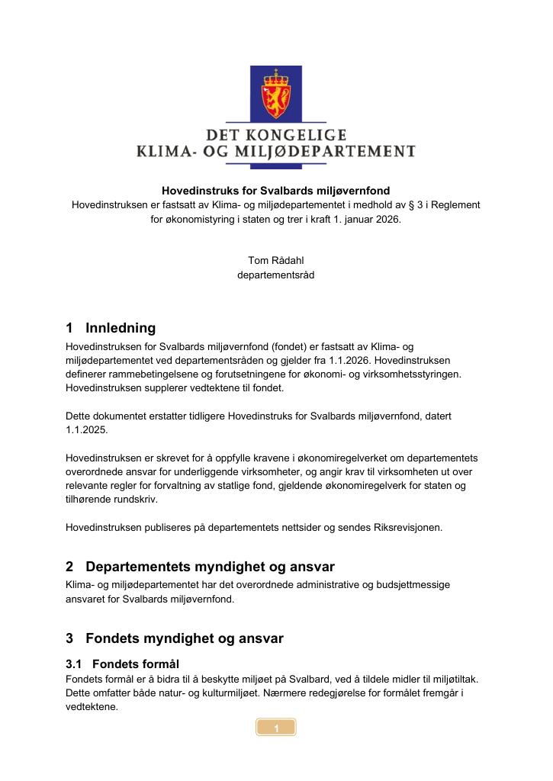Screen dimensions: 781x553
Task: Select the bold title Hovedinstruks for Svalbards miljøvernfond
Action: coord(275,191)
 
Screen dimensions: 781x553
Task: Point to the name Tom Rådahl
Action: coord(275,261)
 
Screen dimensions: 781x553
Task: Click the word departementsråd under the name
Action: coord(275,275)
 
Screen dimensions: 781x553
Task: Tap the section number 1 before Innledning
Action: coord(70,328)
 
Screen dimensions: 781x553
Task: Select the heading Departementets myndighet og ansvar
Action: coord(210,567)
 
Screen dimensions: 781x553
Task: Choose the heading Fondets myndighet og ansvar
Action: coord(185,638)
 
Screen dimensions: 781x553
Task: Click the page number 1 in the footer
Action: coord(275,728)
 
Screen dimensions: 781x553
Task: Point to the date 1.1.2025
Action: coord(87,429)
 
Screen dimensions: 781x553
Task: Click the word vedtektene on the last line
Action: coord(92,706)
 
